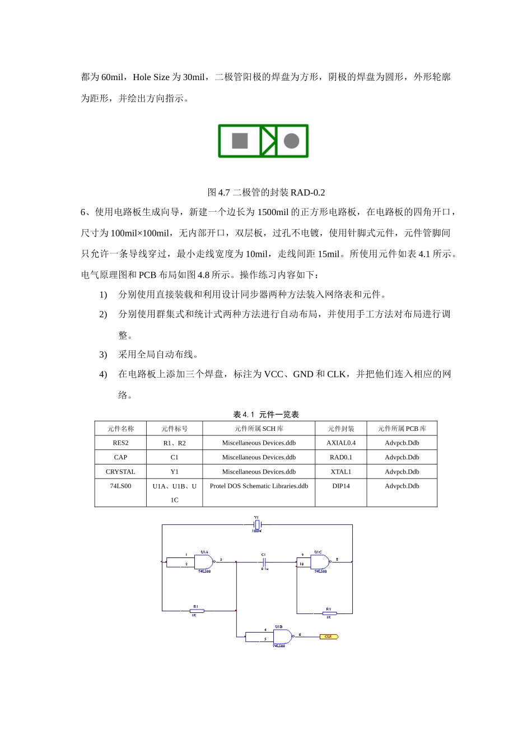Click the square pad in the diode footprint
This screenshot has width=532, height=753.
click(240, 141)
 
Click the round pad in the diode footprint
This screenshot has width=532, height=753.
click(291, 141)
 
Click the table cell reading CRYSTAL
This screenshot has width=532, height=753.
click(120, 472)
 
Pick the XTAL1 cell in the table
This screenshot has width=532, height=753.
click(340, 472)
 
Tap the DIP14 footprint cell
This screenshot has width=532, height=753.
click(340, 486)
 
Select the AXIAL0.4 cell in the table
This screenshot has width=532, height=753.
click(340, 443)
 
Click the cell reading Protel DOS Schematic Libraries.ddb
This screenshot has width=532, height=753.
click(259, 486)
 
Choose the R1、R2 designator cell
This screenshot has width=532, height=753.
click(174, 443)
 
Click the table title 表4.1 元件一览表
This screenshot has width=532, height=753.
click(266, 415)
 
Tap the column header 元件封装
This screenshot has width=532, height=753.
click(340, 429)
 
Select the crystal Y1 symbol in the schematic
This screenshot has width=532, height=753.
click(256, 525)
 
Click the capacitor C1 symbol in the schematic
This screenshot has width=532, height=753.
click(264, 561)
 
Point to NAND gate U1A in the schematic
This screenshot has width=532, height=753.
click(204, 561)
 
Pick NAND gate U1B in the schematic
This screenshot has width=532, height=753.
click(282, 636)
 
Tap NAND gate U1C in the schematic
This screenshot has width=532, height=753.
click(319, 561)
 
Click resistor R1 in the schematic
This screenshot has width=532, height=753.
click(197, 611)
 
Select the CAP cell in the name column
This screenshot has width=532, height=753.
click(120, 457)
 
